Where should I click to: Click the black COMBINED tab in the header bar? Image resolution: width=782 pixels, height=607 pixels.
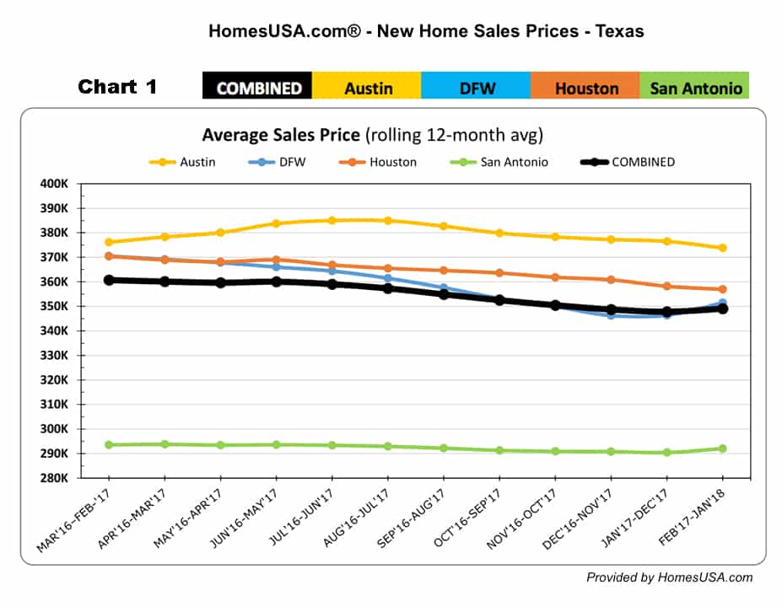pos(258,88)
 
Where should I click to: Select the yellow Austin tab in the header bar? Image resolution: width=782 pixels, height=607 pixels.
pos(368,88)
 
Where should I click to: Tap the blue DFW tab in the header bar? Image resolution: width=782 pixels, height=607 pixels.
pos(477,88)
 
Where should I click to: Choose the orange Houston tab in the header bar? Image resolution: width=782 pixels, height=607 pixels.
pos(585,88)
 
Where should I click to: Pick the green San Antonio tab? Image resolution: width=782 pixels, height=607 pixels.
pos(695,88)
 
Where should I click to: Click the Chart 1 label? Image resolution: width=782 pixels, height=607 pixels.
pos(117,87)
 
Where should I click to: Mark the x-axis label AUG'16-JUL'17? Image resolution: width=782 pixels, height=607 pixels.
pos(355,521)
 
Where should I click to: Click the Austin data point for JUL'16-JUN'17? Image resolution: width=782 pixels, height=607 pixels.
pos(332,221)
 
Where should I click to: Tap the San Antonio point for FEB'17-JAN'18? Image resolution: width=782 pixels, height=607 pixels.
pos(722,449)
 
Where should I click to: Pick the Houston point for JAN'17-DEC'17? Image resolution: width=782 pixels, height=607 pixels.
pos(666,286)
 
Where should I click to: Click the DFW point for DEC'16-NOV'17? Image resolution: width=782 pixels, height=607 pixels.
pos(611,314)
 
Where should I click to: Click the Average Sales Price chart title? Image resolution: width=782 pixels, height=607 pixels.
pos(371,135)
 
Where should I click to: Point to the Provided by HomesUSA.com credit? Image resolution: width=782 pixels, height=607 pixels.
pos(670,577)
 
